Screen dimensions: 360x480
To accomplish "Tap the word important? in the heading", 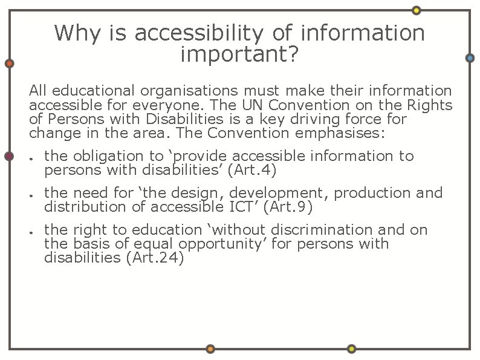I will pos(239,54).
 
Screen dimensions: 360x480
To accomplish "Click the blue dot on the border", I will pos(470,58).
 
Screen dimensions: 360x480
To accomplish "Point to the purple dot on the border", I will pos(9,156).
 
